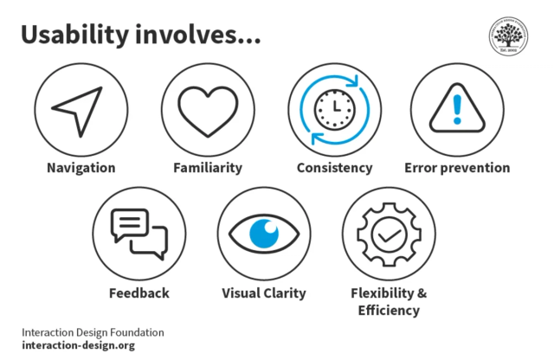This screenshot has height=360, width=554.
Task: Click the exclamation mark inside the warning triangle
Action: pos(457,107)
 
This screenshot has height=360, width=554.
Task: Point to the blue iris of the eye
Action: pos(263,232)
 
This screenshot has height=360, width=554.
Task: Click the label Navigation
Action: pos(81,168)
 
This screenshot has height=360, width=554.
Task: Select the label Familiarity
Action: pos(208,168)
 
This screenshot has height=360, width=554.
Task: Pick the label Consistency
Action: pos(334,168)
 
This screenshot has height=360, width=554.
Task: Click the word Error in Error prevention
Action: pos(422,168)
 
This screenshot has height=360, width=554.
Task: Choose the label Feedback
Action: pos(139,293)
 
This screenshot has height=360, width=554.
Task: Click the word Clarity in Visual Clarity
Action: pos(285,293)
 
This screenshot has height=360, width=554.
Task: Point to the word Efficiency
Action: pos(389,311)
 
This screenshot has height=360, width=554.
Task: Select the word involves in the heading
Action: pos(196,35)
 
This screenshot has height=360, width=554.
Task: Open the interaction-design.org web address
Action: pos(78,346)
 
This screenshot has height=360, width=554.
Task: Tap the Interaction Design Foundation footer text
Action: pos(93,332)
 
